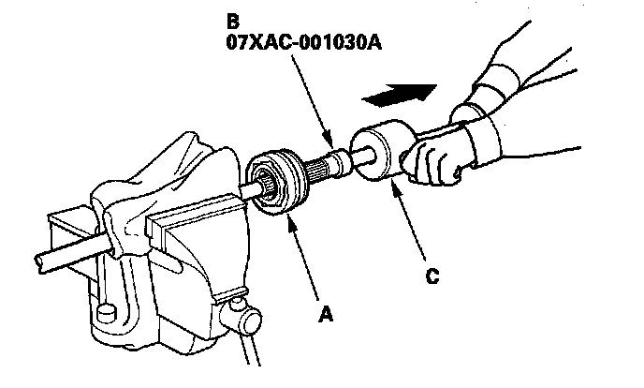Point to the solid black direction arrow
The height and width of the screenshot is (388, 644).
pos(400,93)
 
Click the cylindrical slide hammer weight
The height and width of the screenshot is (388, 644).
pos(378,157)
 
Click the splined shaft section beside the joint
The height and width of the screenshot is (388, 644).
pos(317,169)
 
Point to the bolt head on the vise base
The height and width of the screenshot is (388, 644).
pos(105,310)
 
